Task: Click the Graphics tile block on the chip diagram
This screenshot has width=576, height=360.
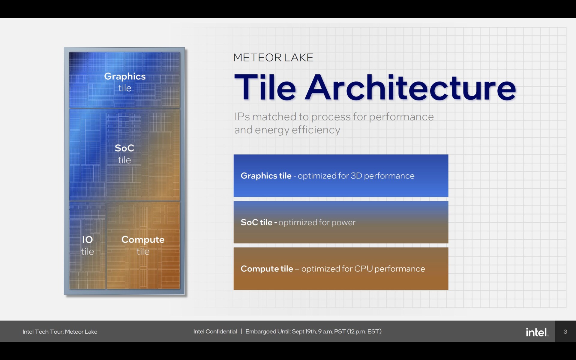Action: (124, 80)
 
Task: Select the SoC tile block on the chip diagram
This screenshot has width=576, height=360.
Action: (124, 154)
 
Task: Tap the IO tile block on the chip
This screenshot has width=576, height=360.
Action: (87, 245)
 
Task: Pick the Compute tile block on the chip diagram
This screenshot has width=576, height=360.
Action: (143, 245)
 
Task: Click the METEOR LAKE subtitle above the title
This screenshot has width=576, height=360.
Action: (273, 57)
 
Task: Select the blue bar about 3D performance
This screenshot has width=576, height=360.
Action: (341, 176)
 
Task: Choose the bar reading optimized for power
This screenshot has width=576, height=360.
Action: (341, 222)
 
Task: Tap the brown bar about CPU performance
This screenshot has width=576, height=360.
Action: (341, 269)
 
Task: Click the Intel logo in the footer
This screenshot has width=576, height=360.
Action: (537, 332)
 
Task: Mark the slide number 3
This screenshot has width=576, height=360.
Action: (565, 331)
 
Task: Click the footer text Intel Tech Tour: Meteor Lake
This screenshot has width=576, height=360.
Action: (60, 331)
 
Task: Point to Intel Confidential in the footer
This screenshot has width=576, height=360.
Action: (215, 331)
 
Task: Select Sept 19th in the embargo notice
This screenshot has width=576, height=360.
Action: (304, 331)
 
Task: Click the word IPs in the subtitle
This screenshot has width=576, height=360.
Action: (242, 117)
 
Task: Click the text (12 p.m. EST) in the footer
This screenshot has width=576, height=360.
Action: (364, 331)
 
